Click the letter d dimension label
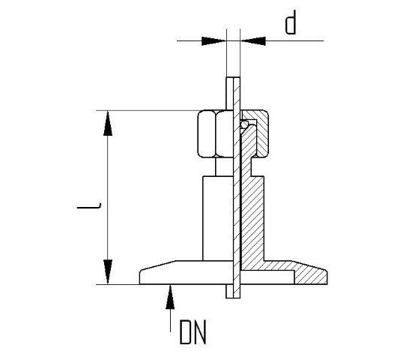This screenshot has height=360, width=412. [x=292, y=25]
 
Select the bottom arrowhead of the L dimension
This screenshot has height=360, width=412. [x=109, y=271]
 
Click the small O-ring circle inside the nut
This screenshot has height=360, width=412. [x=243, y=124]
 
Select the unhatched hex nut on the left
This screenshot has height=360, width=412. [x=213, y=133]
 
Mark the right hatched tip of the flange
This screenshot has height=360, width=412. [x=318, y=274]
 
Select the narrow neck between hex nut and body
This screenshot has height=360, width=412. [x=216, y=166]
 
